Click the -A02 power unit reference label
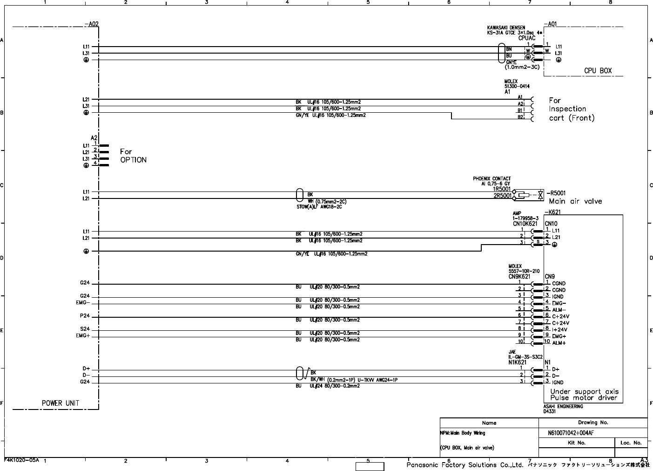(x=92, y=24)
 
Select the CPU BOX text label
(x=598, y=71)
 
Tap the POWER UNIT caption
(x=61, y=403)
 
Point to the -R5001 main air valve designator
(x=556, y=193)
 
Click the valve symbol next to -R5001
(x=540, y=195)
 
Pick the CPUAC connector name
(x=530, y=38)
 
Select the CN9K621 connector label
(x=519, y=276)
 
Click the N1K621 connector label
(x=517, y=362)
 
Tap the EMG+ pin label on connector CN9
(x=559, y=336)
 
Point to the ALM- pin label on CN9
(x=559, y=310)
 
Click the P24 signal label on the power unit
(x=85, y=316)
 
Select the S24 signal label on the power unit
(x=85, y=329)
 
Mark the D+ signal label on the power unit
(x=86, y=369)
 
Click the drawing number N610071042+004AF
(x=571, y=433)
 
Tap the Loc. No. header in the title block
(x=631, y=443)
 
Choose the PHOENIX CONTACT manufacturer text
(x=491, y=178)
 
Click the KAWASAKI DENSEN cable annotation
(x=506, y=27)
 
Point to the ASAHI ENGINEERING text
(x=563, y=406)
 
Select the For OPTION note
(x=133, y=156)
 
